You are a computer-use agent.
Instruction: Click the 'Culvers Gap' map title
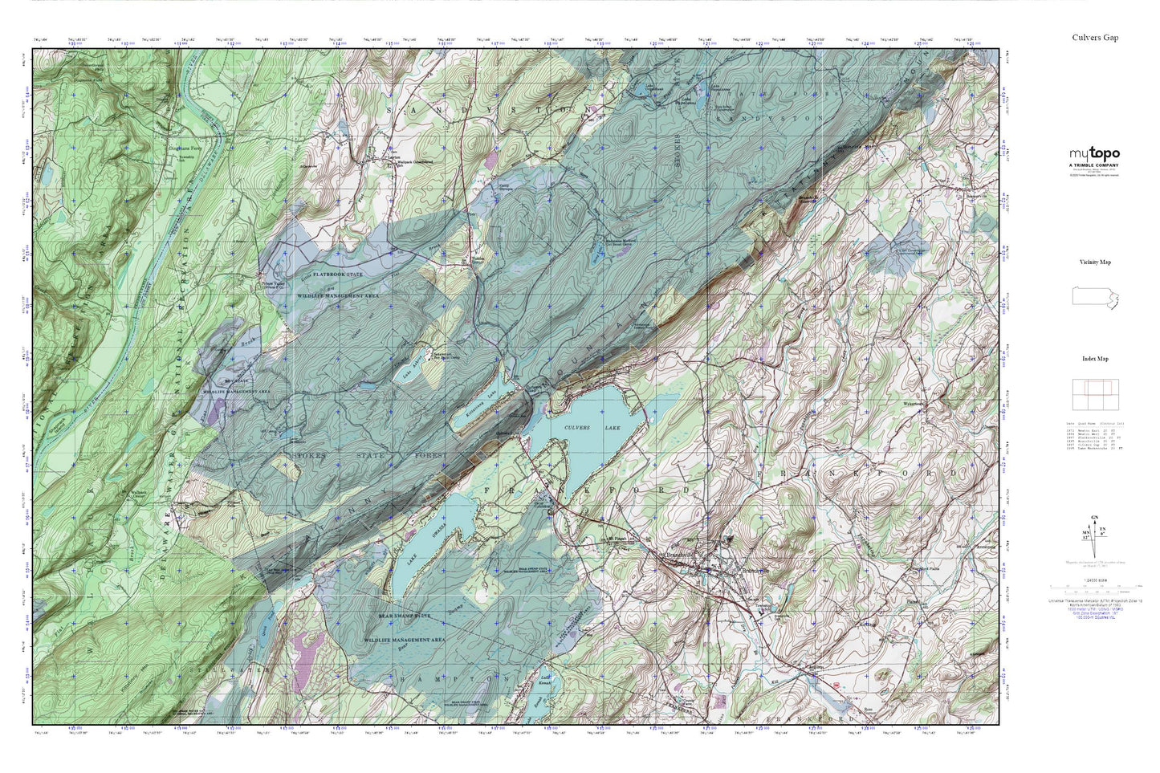[1094, 38]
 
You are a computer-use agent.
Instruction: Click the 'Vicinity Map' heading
[1094, 262]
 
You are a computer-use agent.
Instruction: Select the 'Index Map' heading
[1094, 359]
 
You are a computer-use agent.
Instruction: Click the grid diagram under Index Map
[1094, 394]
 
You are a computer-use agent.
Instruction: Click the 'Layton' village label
[393, 159]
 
